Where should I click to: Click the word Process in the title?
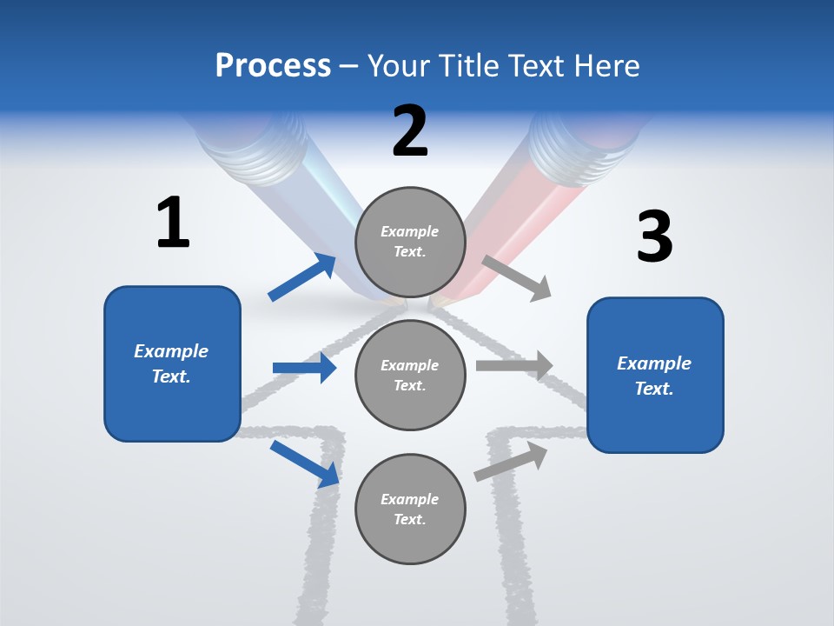(273, 65)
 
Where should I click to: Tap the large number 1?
(173, 223)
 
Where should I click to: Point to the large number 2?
(410, 131)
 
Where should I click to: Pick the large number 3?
(654, 237)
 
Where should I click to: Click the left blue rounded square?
(172, 363)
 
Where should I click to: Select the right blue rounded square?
(655, 376)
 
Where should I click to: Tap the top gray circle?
(410, 242)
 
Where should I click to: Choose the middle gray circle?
(410, 375)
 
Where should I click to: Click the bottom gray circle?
(410, 509)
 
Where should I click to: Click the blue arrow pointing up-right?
(302, 277)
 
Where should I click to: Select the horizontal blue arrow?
(304, 368)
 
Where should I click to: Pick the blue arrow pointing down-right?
(305, 463)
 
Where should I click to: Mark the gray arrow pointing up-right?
(511, 462)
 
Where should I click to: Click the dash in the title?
(349, 66)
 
